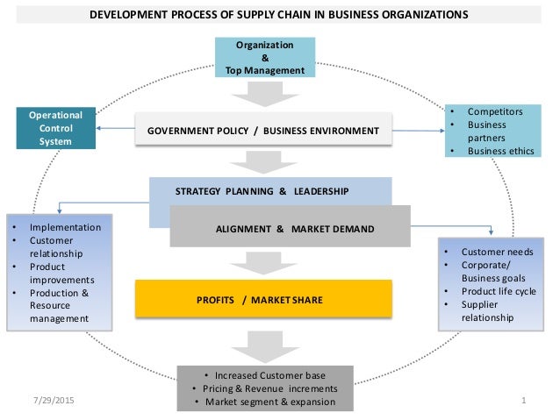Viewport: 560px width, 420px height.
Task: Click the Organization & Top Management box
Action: pos(265,57)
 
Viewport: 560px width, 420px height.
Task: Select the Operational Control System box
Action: pos(56,129)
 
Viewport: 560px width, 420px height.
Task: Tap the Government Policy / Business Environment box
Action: pos(263,130)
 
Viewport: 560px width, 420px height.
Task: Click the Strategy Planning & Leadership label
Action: pos(262,190)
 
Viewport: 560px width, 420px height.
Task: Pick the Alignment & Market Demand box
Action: pos(294,229)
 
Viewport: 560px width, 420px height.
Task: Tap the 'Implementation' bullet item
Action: pos(64,227)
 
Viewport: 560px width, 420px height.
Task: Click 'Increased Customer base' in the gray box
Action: pos(264,374)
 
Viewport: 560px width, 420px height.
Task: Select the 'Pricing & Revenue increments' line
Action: pos(264,388)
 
